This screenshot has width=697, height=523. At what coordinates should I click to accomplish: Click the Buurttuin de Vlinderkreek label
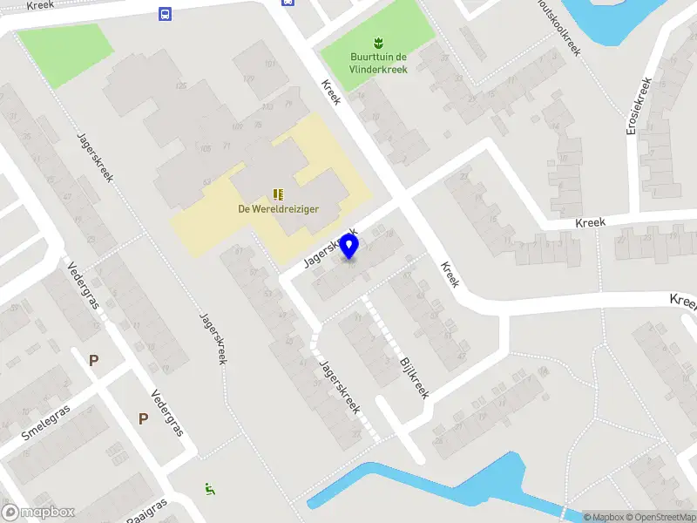coord(376,63)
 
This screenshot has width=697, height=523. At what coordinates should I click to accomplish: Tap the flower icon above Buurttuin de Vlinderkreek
coord(377,42)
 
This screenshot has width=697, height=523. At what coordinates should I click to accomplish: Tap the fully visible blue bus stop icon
coord(164,13)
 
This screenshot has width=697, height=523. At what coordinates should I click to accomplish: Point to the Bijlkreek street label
coord(415,377)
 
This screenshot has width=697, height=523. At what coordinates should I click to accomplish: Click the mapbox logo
coord(38,513)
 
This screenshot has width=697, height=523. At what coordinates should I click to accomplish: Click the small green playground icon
coord(209,489)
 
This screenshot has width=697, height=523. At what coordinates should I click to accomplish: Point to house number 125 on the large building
coord(181,85)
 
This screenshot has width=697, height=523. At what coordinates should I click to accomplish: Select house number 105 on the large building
coord(206,149)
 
